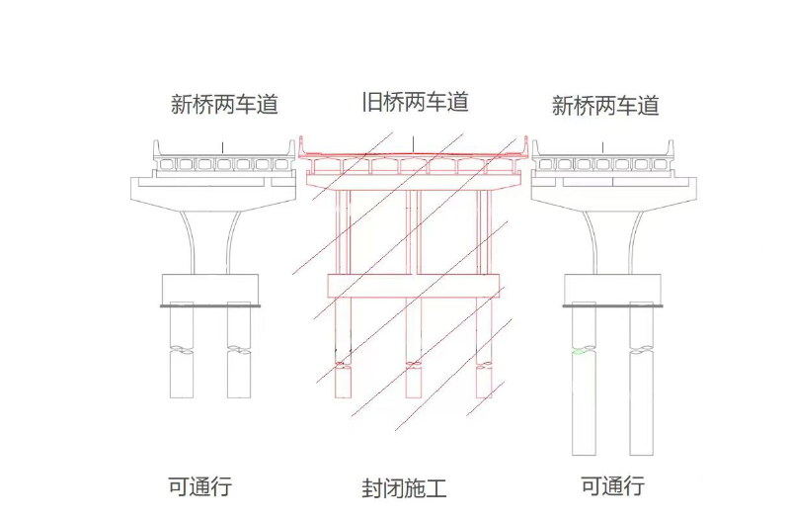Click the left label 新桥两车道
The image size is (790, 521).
pos(224,105)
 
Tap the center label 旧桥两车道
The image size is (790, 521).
pos(414,101)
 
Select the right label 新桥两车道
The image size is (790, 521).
pos(604,106)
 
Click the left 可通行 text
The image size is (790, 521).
pos(199,486)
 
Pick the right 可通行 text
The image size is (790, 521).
pos(612,486)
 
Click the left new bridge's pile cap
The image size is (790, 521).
pos(210,289)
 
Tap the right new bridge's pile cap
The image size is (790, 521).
pos(612,289)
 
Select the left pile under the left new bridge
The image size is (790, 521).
pos(183,356)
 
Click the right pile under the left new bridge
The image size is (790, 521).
pos(240,356)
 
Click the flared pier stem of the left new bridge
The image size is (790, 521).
pos(210,237)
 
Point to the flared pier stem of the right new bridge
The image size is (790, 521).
pos(612,237)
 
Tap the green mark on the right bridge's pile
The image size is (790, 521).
pos(577,352)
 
